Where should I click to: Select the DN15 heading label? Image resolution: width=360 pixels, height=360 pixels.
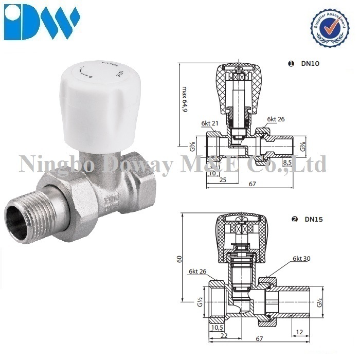point(313,219)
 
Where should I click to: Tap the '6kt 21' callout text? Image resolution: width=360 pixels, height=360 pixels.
point(210,123)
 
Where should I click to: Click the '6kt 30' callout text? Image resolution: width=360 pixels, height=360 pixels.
point(302,259)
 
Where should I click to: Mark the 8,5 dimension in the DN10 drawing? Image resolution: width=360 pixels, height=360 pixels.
point(289,163)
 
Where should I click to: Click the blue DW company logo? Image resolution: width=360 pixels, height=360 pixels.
point(42,21)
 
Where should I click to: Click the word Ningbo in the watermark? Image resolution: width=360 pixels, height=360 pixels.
point(57,164)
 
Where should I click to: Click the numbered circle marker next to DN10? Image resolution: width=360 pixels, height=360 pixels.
point(291,64)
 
